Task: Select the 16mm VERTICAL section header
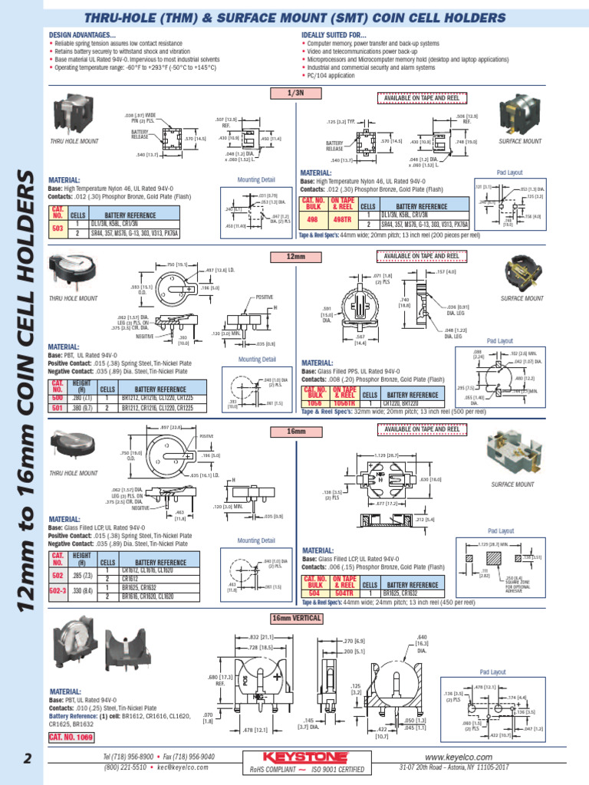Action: point(295,618)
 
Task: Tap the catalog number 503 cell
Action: point(58,228)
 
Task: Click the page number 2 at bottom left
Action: point(28,760)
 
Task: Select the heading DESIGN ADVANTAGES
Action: point(82,35)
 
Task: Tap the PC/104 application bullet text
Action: point(331,75)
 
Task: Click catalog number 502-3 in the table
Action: point(58,593)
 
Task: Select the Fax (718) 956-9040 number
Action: point(187,757)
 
